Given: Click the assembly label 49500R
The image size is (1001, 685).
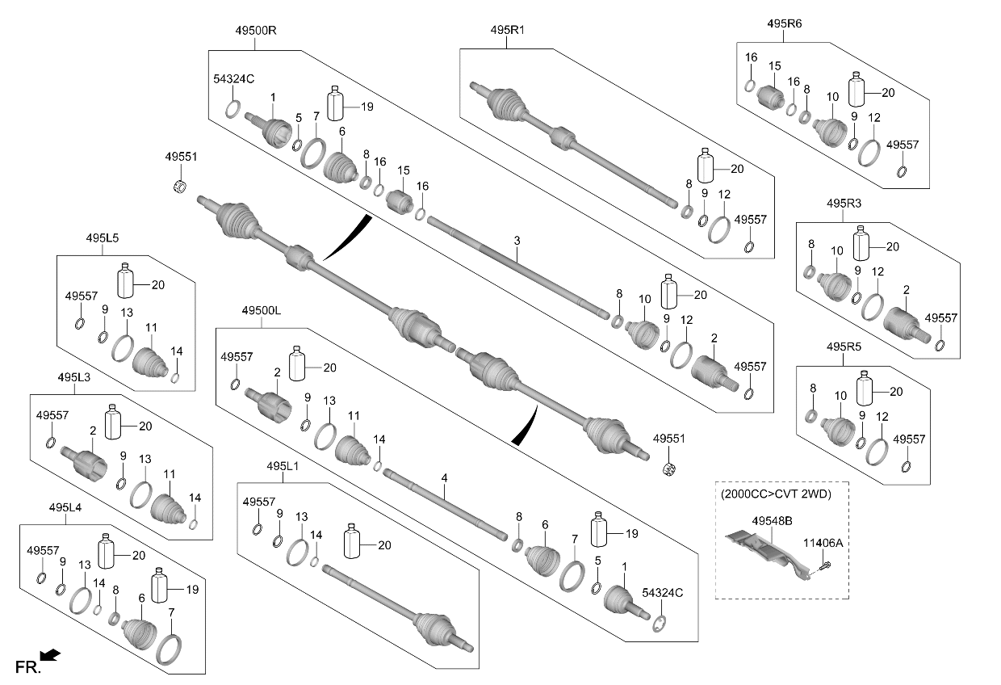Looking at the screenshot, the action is click(256, 31).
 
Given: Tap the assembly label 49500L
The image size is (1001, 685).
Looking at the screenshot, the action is click(262, 310).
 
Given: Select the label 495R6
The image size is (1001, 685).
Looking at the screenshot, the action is click(785, 23).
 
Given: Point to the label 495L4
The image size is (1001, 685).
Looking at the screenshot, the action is click(65, 507).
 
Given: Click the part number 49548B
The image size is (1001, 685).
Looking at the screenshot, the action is click(772, 521).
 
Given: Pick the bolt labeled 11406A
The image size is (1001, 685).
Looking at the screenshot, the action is click(826, 565).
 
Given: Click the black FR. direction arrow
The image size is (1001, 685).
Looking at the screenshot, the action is click(51, 655).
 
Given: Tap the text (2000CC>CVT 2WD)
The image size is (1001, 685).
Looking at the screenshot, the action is click(776, 494).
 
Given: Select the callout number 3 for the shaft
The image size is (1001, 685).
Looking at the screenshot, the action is click(517, 241).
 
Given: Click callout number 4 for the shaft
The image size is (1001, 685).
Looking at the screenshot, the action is click(444, 478).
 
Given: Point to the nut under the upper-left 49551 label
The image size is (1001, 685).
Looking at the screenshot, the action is click(180, 186).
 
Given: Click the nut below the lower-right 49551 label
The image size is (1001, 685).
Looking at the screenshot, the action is click(668, 469).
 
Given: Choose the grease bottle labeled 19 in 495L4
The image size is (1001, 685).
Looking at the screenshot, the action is click(160, 586).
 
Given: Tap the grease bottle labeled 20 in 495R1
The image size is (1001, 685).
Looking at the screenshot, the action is click(706, 166).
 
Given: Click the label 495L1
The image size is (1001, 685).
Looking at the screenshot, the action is click(283, 466).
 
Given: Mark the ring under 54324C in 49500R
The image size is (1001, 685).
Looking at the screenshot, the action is click(232, 109).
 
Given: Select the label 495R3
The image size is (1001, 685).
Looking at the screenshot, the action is click(844, 204).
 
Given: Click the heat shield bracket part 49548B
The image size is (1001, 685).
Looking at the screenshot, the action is click(765, 554).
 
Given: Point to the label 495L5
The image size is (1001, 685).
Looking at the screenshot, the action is click(103, 237).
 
